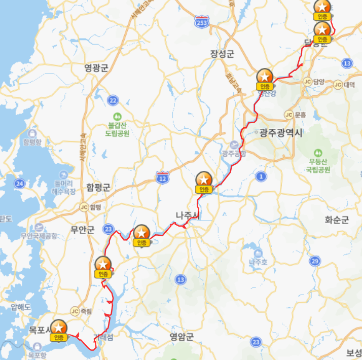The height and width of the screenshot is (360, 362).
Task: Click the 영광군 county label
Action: [96, 67]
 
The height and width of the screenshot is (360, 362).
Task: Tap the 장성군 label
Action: [222, 54]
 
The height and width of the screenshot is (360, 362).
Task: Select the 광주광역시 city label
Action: [280, 133]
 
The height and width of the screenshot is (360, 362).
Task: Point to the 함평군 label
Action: [98, 187]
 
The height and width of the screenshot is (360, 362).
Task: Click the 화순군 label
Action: [337, 220]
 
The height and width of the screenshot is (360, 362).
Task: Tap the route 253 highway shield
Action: [201, 21]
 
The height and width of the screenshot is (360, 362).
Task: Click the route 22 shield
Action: [113, 100]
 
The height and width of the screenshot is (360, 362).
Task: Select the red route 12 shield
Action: [162, 178]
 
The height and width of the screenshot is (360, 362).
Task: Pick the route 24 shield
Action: [20, 183]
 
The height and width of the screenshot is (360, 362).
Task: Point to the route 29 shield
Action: [315, 261]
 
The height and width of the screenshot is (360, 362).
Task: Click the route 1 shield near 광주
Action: [261, 176]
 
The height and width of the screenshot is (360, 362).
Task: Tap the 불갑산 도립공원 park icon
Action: [118, 116]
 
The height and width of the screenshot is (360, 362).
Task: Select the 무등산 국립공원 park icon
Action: [317, 153]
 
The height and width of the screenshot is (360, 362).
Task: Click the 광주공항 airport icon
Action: [233, 145]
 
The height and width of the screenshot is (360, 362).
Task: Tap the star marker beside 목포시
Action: [59, 327]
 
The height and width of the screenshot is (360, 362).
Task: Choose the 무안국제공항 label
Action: [46, 235]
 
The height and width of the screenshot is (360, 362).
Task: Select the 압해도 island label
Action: [21, 307]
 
